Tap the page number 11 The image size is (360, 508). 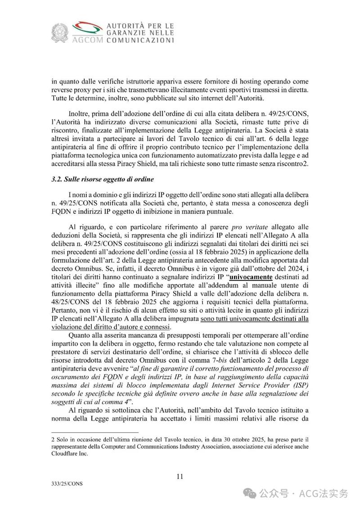(x=180, y=477)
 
